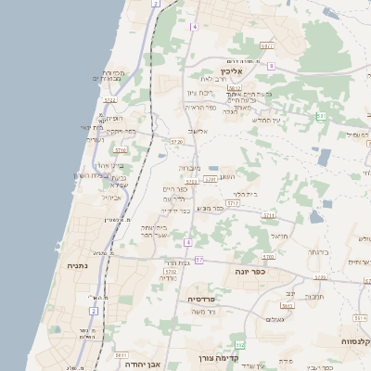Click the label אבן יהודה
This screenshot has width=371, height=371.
click(142, 364)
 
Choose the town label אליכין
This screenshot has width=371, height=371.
click(231, 70)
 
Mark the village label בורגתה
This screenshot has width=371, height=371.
click(318, 250)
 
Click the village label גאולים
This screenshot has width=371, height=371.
click(274, 319)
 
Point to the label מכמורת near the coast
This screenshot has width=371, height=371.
click(112, 72)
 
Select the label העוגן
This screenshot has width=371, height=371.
click(226, 176)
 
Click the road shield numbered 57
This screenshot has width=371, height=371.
click(199, 261)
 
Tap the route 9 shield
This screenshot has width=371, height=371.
click(271, 66)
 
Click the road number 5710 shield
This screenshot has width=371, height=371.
click(121, 148)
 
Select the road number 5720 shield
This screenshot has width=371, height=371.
click(176, 142)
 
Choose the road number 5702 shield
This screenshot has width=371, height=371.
click(171, 272)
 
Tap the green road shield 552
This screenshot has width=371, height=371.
click(239, 345)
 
